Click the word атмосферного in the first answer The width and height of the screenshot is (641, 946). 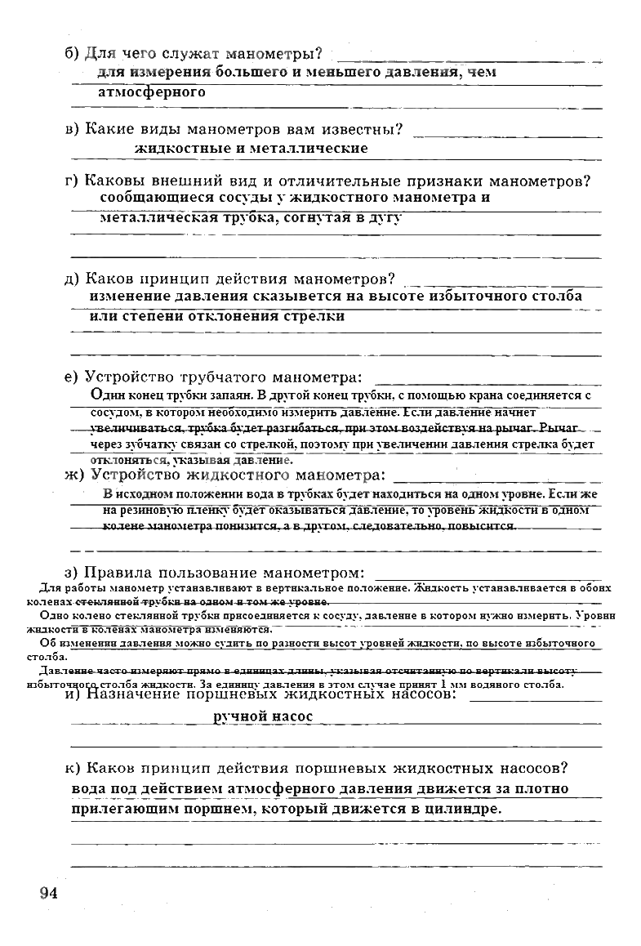151,92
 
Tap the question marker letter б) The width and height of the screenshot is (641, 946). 72,55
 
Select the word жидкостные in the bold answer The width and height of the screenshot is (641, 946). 179,149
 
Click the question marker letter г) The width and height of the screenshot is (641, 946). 72,181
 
